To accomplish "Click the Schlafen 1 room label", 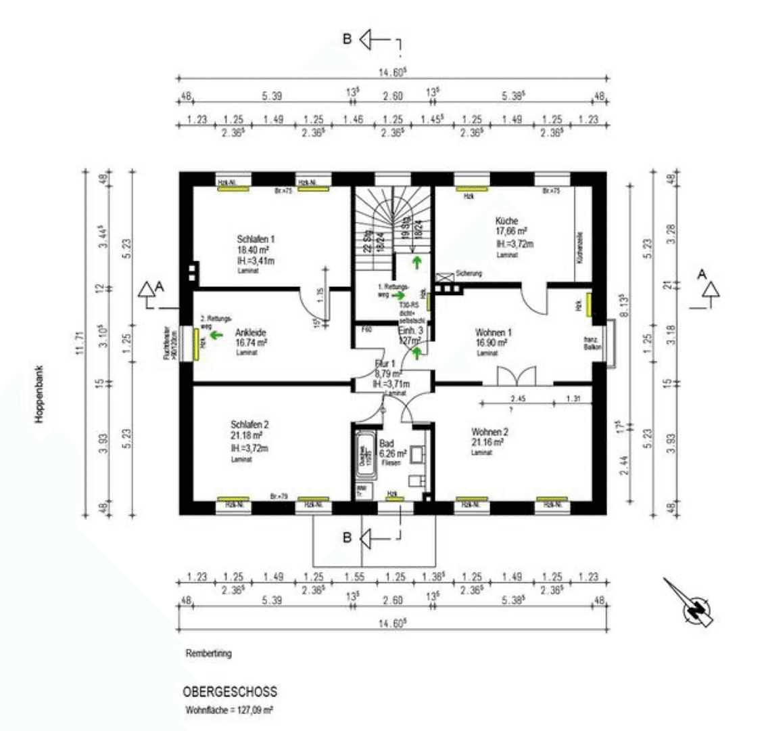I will tap(256, 240).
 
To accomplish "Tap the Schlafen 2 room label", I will tap(249, 424).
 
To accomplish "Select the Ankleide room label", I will tap(251, 332).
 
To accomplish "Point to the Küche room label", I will tap(506, 221).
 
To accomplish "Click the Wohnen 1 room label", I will tap(493, 333).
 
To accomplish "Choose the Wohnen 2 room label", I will tap(489, 431).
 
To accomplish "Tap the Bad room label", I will tap(387, 443).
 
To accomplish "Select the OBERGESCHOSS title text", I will tap(229, 693).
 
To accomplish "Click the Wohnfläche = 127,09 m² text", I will tap(229, 711).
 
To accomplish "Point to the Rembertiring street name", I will tap(208, 655).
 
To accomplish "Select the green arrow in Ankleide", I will tap(216, 334).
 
